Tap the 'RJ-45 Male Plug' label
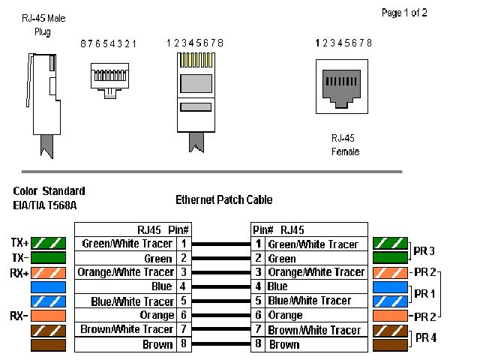43,25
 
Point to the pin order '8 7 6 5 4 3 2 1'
109,44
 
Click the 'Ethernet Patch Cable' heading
223,199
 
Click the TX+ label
19,243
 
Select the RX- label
19,315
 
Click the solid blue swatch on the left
48,286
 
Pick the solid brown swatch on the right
390,345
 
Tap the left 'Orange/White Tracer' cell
126,272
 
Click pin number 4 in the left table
182,286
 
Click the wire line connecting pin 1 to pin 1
220,244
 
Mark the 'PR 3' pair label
425,250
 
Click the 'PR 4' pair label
425,337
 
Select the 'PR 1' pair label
425,293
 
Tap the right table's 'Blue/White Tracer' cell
308,301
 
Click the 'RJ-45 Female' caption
345,145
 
